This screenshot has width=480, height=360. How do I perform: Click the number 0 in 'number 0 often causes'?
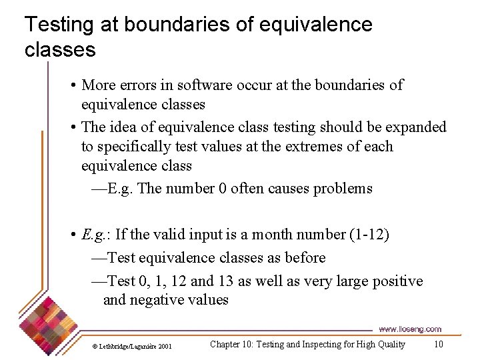click(x=222, y=189)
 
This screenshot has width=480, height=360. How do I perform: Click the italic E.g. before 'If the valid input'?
click(x=95, y=235)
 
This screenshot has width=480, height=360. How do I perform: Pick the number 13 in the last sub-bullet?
click(x=226, y=281)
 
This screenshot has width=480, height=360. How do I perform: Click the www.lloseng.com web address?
click(x=410, y=329)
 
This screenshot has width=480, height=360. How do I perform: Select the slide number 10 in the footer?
click(x=438, y=345)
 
